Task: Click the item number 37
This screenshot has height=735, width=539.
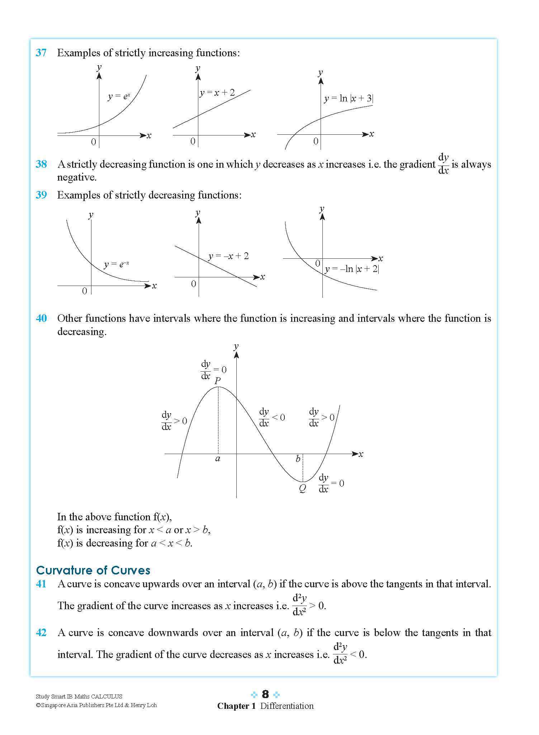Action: click(41, 53)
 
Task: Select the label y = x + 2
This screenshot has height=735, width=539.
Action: click(217, 92)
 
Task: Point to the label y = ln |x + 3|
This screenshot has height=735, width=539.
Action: click(349, 98)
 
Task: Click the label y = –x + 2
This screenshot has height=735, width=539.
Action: click(228, 256)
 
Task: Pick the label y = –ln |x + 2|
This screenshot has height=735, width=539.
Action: click(352, 269)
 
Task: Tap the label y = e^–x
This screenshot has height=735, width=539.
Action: click(117, 264)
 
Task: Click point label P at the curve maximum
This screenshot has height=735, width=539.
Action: click(217, 381)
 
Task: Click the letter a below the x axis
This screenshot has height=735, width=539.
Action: click(218, 458)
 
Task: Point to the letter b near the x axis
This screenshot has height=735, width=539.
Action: click(298, 459)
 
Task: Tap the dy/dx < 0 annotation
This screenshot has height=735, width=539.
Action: click(271, 417)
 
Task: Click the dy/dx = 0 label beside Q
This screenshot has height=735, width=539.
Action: click(331, 483)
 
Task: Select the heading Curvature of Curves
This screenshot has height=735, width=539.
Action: click(93, 570)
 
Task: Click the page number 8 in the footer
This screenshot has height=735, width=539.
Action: click(265, 694)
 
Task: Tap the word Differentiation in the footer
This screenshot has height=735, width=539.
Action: click(287, 706)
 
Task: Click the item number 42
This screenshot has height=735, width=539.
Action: click(41, 633)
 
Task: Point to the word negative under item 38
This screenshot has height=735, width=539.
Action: click(77, 177)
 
